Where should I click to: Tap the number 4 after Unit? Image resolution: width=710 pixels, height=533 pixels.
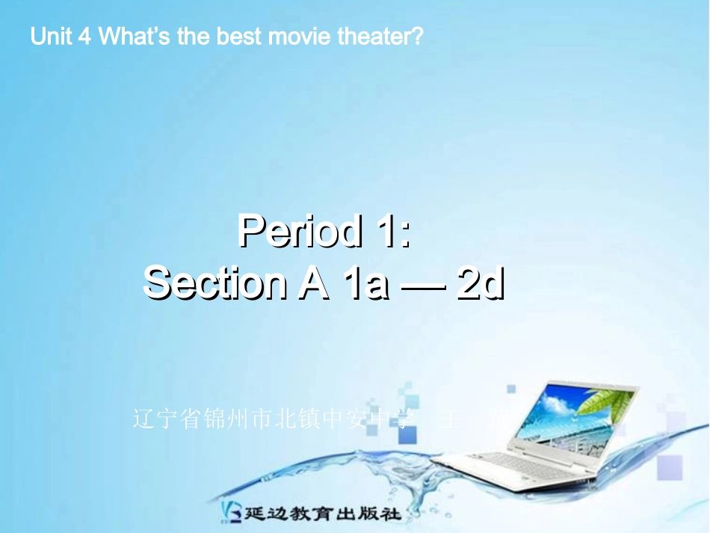[x=84, y=37]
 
